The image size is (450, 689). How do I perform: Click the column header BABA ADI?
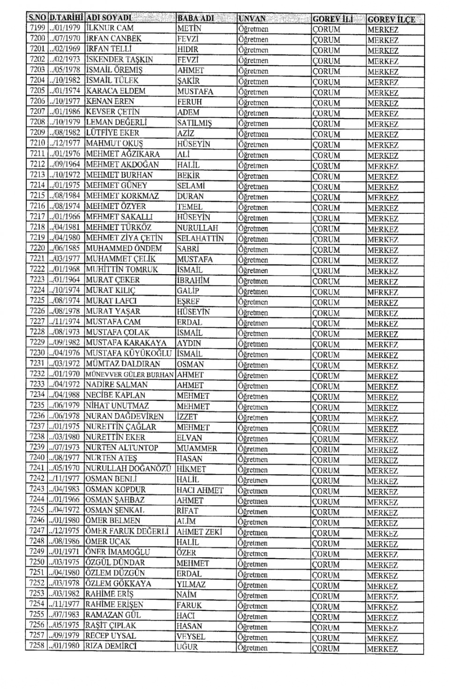pos(195,18)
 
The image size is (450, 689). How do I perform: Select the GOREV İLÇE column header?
pos(391,19)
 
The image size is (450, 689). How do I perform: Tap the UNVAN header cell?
pos(252,19)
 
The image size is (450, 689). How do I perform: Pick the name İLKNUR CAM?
pos(110,28)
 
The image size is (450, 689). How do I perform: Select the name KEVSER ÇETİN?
pos(113,112)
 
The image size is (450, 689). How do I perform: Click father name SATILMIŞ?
pos(194,123)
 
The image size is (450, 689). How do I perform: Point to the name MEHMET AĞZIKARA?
pos(123,154)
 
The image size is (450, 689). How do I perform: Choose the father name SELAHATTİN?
pos(200,238)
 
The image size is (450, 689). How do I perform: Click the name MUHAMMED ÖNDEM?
pos(124,248)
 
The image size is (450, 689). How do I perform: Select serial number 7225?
pos(37,300)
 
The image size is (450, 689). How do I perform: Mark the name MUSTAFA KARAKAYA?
pos(126,343)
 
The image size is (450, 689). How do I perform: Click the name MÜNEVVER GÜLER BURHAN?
pos(129,374)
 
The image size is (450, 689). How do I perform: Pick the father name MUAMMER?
pos(197,448)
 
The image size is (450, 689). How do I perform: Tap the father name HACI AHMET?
pos(200,490)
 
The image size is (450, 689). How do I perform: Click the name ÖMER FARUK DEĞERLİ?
pos(127,532)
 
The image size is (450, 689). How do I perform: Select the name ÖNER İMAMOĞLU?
pos(118,552)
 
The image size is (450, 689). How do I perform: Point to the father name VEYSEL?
pos(191,637)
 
